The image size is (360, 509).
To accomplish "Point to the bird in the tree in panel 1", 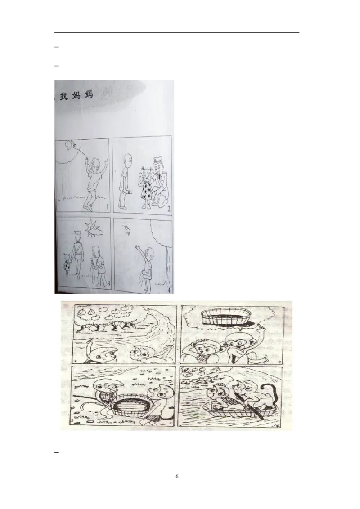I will click(x=70, y=145).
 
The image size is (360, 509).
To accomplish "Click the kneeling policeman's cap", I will click(x=157, y=161).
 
